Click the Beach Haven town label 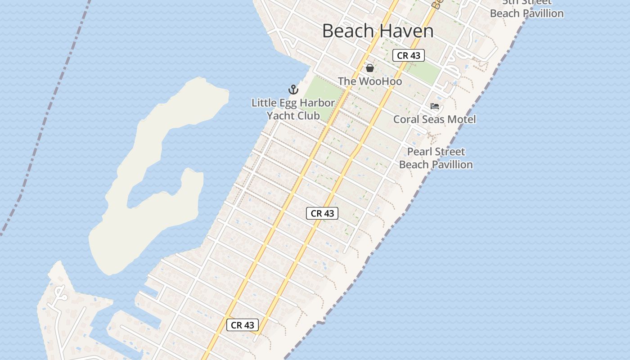pyautogui.click(x=378, y=31)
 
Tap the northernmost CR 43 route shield pyautogui.click(x=409, y=55)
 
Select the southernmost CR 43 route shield pyautogui.click(x=243, y=325)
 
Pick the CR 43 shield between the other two pyautogui.click(x=322, y=213)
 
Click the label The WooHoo pyautogui.click(x=370, y=81)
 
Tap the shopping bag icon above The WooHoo pyautogui.click(x=370, y=68)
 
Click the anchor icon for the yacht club pyautogui.click(x=293, y=90)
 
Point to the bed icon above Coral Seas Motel pyautogui.click(x=435, y=106)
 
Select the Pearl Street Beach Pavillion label pyautogui.click(x=436, y=158)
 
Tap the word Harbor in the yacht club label pyautogui.click(x=317, y=103)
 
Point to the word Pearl pyautogui.click(x=422, y=152)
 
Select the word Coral pyautogui.click(x=406, y=119)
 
